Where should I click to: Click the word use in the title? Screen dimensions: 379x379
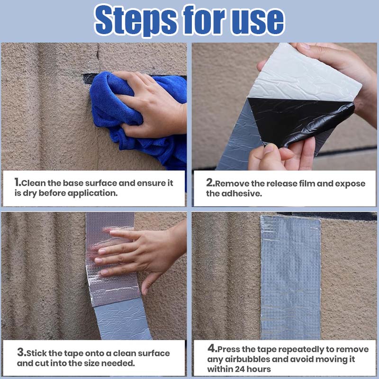click(x=258, y=20)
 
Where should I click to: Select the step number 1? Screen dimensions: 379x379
click(x=17, y=182)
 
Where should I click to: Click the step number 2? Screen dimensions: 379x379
click(x=210, y=182)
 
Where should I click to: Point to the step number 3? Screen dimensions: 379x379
click(x=20, y=352)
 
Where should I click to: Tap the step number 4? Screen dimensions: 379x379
click(x=212, y=349)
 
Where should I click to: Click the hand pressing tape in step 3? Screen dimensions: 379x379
click(x=137, y=251)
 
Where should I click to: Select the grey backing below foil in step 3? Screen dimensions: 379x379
click(x=118, y=320)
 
